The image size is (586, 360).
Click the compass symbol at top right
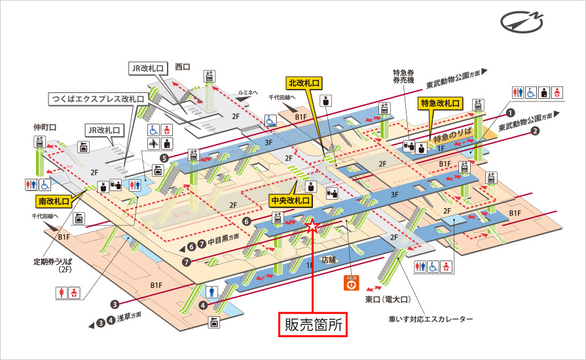[x=522, y=22]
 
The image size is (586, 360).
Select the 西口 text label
[x=181, y=66]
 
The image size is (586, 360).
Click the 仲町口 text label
[x=43, y=127]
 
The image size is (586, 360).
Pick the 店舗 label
[x=328, y=259]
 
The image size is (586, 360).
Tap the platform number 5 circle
[x=164, y=158]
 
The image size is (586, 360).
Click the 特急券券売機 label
[x=403, y=77]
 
